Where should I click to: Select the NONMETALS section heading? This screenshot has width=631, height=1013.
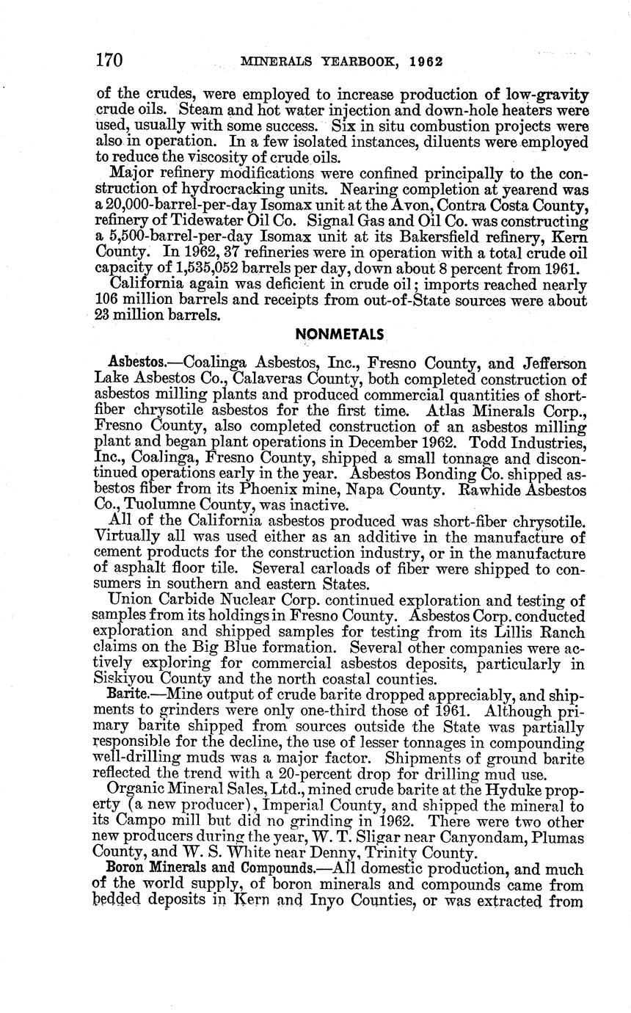tap(339, 334)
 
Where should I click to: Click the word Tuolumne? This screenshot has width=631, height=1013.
tap(159, 505)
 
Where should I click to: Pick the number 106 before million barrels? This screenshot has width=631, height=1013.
tap(109, 300)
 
